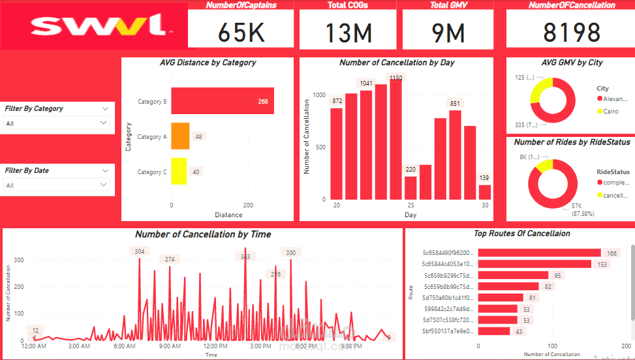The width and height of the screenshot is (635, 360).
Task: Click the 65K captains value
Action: (241, 32)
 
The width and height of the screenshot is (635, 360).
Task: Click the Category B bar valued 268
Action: (223, 101)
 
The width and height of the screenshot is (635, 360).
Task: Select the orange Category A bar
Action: (181, 137)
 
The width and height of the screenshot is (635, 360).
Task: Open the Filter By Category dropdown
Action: (57, 123)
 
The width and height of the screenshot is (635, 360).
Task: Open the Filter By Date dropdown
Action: (57, 185)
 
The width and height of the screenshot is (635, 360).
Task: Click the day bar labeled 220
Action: (410, 187)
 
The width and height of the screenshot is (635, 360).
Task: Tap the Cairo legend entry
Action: (612, 112)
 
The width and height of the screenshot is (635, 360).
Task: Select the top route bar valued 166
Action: (539, 252)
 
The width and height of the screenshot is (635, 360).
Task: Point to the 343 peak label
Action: (245, 256)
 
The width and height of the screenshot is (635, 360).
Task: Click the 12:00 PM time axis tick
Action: (215, 346)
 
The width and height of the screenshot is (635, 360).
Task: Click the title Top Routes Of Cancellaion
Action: (521, 233)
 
